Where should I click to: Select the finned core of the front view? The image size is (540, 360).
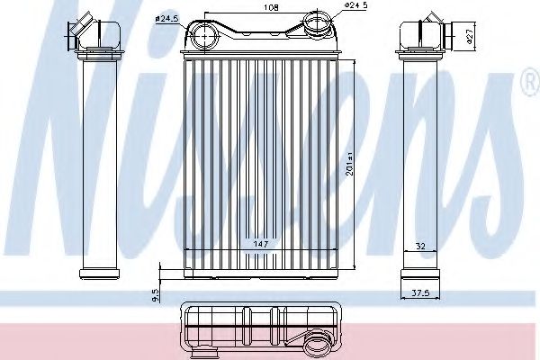click(261, 162)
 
